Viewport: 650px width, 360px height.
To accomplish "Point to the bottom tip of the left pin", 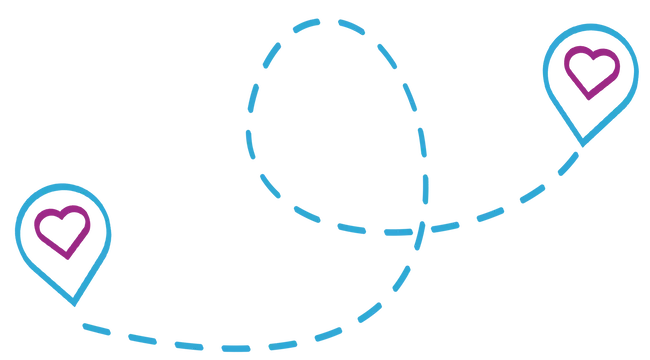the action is tap(73, 304).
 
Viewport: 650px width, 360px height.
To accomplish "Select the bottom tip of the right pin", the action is tap(581, 145).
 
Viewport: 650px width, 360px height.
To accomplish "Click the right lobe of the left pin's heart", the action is tap(77, 217).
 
